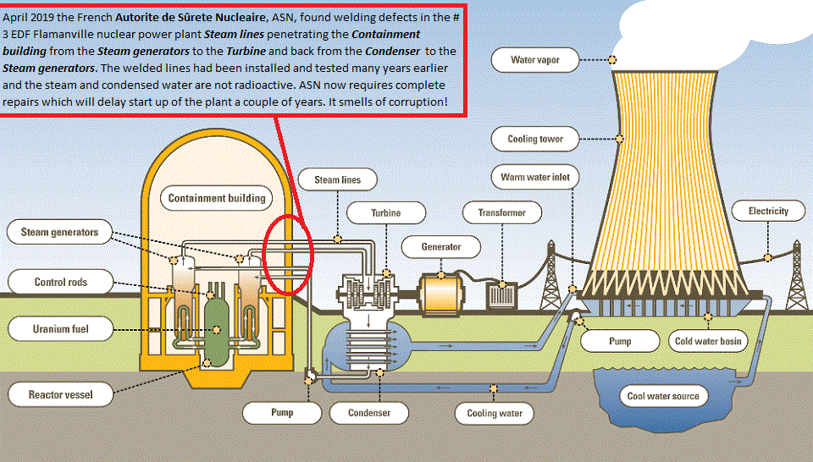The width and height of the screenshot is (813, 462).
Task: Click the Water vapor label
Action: (535, 60)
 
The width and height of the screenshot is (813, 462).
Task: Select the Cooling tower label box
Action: (535, 139)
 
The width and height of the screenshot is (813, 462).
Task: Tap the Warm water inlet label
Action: (535, 178)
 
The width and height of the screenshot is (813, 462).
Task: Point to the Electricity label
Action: (768, 211)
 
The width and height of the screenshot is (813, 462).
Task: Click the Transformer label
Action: (501, 213)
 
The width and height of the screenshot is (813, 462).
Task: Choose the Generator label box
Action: (441, 247)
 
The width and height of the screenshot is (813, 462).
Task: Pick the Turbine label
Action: (385, 213)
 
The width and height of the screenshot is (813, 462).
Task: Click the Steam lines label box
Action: (337, 180)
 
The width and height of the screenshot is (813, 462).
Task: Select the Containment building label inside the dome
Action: (217, 199)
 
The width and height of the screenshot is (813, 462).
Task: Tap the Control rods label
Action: (60, 283)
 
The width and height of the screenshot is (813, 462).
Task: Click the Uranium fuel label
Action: (60, 328)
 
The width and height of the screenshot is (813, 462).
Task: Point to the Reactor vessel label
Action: (60, 394)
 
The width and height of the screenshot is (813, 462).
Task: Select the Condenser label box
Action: (370, 413)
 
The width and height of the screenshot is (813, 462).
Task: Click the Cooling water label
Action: (495, 414)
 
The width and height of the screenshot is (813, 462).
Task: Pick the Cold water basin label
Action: (707, 342)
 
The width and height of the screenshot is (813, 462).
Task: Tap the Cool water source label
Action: (663, 396)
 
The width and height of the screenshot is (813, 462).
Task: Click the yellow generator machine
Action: (440, 294)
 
